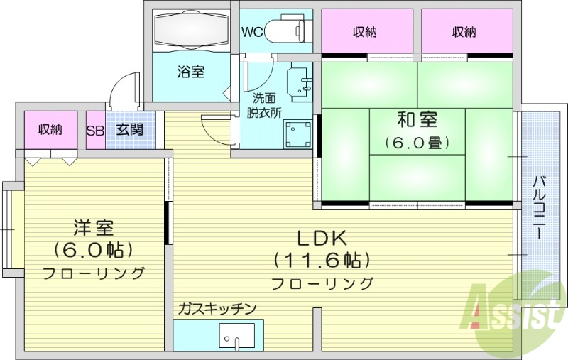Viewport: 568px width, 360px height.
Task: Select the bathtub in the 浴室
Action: [190, 31]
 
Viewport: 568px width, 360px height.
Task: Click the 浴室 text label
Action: [191, 72]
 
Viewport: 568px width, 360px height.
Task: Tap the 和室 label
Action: [417, 119]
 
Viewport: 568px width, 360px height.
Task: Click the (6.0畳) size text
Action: [417, 143]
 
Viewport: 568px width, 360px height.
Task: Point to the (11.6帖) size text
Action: [320, 260]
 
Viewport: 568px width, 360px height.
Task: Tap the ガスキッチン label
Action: [217, 308]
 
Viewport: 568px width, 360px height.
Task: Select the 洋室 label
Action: [93, 228]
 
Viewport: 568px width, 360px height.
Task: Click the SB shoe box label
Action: [95, 130]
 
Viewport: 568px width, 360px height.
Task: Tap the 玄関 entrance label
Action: [129, 130]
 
